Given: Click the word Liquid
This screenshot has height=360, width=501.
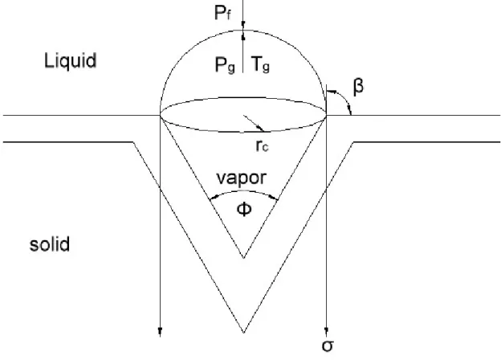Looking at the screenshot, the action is (x=71, y=61).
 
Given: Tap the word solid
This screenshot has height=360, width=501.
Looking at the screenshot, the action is (x=50, y=244).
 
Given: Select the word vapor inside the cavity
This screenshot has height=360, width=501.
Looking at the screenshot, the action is (x=241, y=178).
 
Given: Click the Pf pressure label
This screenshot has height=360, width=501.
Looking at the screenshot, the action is (x=222, y=13).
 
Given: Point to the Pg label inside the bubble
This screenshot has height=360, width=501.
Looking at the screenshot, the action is (x=226, y=65).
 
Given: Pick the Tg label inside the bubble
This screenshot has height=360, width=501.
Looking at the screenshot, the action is (x=260, y=64).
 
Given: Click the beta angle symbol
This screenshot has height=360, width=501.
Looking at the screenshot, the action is (x=359, y=87).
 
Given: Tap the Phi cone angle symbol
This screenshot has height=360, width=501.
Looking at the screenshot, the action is (x=244, y=210).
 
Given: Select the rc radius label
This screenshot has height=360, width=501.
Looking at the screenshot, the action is (x=262, y=145).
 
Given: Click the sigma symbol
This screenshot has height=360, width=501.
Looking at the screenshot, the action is (x=328, y=346).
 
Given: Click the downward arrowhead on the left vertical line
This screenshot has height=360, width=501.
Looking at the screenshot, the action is (x=160, y=332).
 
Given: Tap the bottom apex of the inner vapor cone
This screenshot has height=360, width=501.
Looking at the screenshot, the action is (x=243, y=258).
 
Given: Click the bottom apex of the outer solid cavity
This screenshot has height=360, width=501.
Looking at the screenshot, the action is (x=243, y=333).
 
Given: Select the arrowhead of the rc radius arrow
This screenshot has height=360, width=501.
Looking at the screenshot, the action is (x=262, y=129).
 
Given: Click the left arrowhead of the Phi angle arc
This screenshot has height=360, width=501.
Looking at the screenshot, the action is (x=212, y=198).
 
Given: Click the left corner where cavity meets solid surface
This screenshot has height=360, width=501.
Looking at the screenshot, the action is (x=133, y=141).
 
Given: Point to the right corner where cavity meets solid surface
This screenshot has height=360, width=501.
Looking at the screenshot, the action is (x=353, y=141).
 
